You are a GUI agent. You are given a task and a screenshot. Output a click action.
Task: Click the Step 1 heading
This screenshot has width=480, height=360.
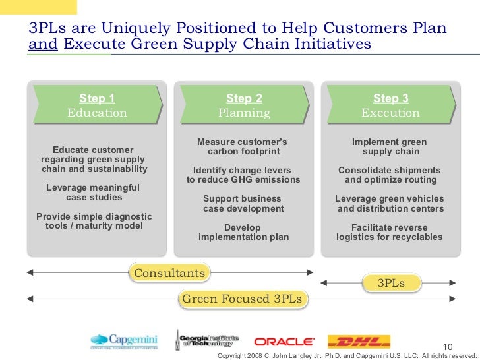coord(97,98)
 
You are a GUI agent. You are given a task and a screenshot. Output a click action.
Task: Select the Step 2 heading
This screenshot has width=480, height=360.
coord(244,98)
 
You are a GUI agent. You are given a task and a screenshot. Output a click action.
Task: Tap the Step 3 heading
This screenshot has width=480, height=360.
coord(390,98)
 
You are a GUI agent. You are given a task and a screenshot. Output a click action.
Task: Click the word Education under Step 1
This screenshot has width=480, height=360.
coord(97,113)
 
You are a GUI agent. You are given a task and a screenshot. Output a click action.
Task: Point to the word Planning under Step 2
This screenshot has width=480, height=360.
coord(244,113)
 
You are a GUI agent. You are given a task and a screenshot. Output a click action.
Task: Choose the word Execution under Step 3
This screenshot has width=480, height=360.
coord(390,113)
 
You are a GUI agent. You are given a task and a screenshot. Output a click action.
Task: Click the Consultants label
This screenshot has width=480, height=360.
coord(169,273)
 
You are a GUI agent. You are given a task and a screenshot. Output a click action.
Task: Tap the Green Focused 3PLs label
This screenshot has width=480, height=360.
coord(241,299)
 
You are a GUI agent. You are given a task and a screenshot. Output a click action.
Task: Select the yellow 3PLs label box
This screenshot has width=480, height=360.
coord(390,283)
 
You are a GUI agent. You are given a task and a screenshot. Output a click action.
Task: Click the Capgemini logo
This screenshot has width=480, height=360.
coord(125,341)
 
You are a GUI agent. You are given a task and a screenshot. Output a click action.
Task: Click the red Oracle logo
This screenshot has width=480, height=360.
coord(284,341)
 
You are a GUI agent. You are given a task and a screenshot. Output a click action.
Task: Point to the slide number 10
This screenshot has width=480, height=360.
coord(448,347)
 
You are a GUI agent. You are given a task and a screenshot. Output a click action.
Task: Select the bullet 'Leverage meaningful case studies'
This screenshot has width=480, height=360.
coord(94,193)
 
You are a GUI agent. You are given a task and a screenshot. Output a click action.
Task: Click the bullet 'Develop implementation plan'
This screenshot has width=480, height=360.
coord(243,232)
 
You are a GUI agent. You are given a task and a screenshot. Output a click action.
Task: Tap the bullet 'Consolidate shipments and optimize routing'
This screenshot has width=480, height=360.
coord(390,175)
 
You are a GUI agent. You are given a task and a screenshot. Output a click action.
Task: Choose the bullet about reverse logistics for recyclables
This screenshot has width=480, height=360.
coord(390,232)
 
